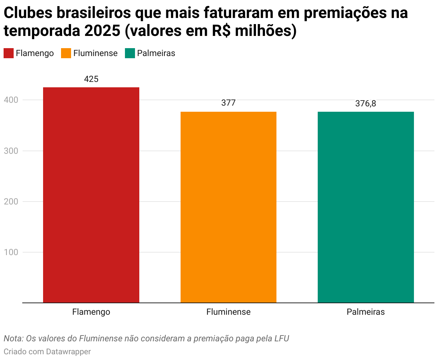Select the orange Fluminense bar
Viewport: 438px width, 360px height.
[228, 207]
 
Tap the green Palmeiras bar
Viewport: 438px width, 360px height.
[365, 207]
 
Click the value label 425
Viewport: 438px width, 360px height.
[91, 79]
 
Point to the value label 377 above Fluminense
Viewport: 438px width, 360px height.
[228, 103]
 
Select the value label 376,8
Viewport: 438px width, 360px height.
[365, 103]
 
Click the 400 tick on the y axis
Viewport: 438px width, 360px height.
[11, 100]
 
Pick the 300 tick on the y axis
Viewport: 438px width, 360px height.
[11, 151]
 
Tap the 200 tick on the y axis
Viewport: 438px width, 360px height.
[11, 202]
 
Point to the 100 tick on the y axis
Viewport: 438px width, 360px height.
[11, 252]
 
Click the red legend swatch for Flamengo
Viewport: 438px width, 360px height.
[9, 53]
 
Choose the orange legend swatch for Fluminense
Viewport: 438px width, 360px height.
[66, 53]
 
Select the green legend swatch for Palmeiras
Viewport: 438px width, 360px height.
[130, 53]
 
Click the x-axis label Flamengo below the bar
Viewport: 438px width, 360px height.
[91, 312]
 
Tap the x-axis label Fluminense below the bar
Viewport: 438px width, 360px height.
[228, 312]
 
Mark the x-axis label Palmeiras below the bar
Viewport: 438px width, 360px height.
[365, 312]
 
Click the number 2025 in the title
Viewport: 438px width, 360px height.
[102, 31]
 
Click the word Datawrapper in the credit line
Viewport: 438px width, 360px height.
[68, 351]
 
